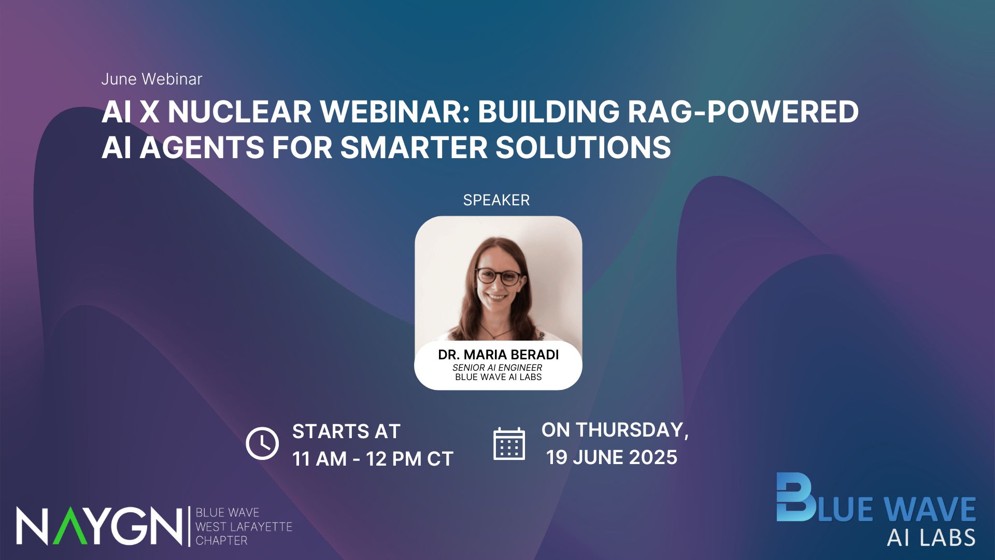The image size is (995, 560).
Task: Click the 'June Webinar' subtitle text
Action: [x=151, y=79]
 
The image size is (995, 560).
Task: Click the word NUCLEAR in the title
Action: [x=239, y=111]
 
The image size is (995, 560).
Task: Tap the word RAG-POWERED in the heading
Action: [x=743, y=111]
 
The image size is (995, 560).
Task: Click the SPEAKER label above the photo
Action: [x=496, y=200]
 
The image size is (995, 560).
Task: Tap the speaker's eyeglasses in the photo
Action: [x=499, y=276]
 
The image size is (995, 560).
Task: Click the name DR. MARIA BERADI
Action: [x=499, y=355]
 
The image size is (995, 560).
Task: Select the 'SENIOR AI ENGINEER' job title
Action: [x=497, y=368]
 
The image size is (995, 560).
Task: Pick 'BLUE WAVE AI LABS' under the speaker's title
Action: [x=499, y=377]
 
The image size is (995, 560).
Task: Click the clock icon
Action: [x=262, y=443]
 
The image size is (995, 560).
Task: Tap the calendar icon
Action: [x=509, y=444]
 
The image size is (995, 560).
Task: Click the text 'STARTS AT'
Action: [x=346, y=431]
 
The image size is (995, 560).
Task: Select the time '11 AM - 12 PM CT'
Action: [x=373, y=459]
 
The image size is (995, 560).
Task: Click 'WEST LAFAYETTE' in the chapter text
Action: [x=244, y=527]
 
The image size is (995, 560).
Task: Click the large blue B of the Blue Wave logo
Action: [x=795, y=497]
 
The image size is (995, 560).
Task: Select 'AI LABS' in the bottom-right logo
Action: [x=931, y=538]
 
